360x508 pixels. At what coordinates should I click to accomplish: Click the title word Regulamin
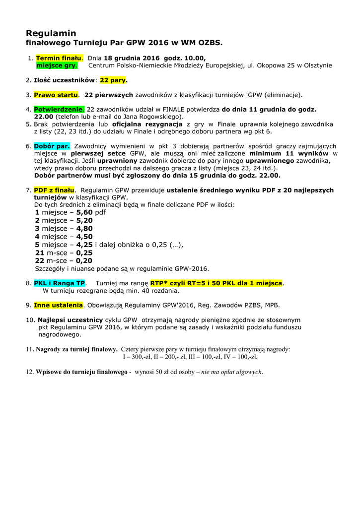(51, 33)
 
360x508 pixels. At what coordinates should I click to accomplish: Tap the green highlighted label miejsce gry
(57, 65)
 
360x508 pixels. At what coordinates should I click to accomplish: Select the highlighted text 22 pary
(114, 79)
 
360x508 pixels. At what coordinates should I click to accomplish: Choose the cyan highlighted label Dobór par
(52, 146)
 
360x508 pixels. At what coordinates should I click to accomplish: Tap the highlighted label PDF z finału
(54, 190)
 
